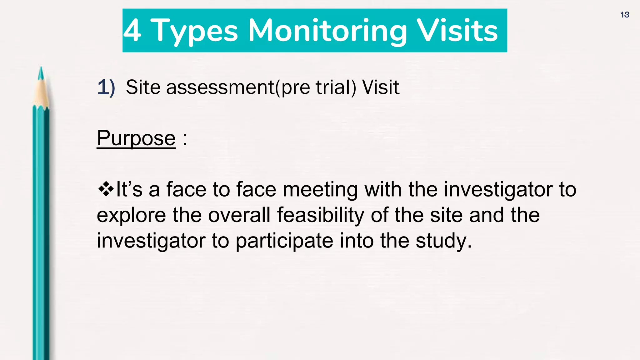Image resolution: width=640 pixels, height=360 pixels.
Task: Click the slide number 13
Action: pyautogui.click(x=625, y=15)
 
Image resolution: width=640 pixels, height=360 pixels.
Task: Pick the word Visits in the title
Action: pyautogui.click(x=457, y=30)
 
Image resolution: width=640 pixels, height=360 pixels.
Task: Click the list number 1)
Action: pyautogui.click(x=106, y=87)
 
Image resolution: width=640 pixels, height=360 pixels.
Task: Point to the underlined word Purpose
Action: pyautogui.click(x=136, y=138)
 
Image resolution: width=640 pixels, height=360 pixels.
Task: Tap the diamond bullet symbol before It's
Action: pyautogui.click(x=106, y=189)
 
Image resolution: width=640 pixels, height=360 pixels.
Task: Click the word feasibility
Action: pyautogui.click(x=320, y=215)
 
